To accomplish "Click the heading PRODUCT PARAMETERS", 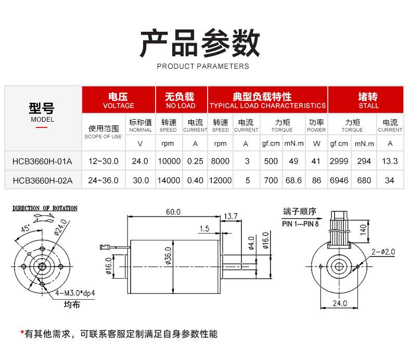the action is click(x=203, y=66).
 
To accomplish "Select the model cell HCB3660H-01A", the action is click(x=43, y=161).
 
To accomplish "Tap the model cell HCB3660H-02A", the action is click(x=43, y=181).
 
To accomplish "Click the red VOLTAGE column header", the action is click(x=119, y=100).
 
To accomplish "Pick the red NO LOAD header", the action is click(x=180, y=100).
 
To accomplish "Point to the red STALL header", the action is click(x=368, y=100).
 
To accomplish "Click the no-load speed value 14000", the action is click(x=169, y=181).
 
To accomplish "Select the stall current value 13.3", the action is click(x=390, y=161).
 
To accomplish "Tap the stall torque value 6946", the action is click(x=339, y=181).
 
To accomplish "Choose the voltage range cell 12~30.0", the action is click(x=104, y=161).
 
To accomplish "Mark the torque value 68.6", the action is click(x=293, y=181).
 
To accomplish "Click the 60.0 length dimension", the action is click(x=173, y=212).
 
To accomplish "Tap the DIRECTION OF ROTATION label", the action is click(x=45, y=208).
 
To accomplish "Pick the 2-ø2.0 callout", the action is click(x=383, y=252).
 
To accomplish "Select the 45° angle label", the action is click(x=25, y=228).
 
